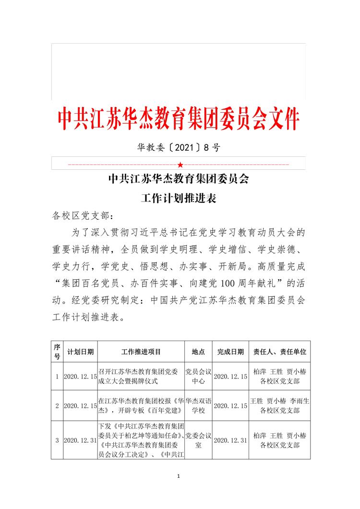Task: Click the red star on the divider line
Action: [180, 165]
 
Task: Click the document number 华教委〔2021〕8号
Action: [179, 148]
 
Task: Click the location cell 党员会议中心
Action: [198, 377]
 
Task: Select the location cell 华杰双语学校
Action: [198, 405]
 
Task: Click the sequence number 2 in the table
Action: [57, 406]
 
